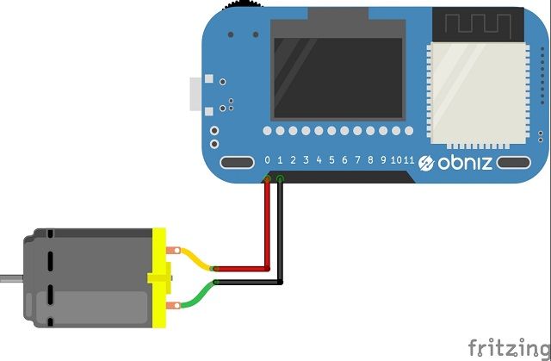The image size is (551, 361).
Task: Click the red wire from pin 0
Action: pyautogui.click(x=267, y=224)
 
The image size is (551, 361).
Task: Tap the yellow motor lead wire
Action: pyautogui.click(x=197, y=258)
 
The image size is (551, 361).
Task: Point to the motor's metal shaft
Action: pyautogui.click(x=10, y=279)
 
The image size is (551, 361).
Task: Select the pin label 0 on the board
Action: pyautogui.click(x=267, y=160)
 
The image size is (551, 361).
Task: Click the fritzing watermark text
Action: pyautogui.click(x=509, y=347)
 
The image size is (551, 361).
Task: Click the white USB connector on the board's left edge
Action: pyautogui.click(x=195, y=94)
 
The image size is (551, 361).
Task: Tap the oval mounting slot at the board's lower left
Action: pyautogui.click(x=235, y=163)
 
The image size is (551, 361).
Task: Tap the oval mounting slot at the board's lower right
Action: pyautogui.click(x=515, y=162)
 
